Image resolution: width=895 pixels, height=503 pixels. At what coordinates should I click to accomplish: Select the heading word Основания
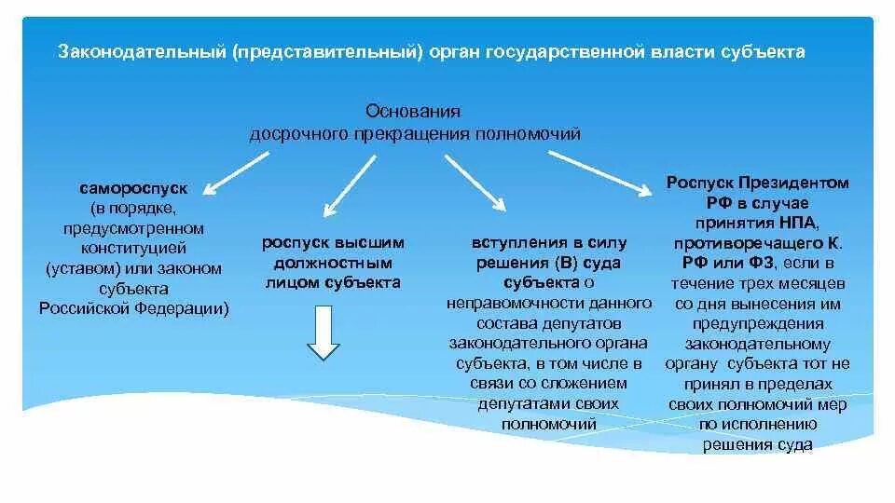[x=414, y=111]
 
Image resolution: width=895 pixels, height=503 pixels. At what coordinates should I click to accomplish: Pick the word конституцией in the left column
[x=133, y=248]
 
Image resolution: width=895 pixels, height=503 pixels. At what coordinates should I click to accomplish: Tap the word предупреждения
[x=758, y=323]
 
